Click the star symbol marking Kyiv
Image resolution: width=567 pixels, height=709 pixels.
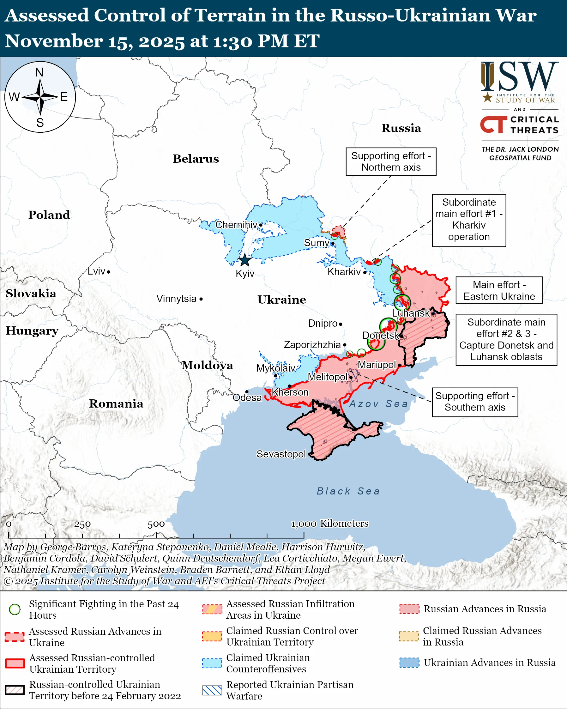(244, 260)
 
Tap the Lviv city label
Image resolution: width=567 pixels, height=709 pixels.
(96, 271)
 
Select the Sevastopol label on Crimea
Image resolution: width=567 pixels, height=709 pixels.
(281, 454)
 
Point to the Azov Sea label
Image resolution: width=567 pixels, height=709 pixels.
(378, 404)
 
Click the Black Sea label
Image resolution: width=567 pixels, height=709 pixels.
(348, 491)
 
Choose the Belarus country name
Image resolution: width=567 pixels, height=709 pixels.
(196, 159)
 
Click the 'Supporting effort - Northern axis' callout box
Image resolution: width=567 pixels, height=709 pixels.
(391, 161)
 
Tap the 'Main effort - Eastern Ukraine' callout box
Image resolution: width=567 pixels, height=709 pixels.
(499, 290)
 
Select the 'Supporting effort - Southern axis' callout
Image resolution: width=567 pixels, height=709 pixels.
(475, 402)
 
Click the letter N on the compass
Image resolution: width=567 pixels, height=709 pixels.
(39, 72)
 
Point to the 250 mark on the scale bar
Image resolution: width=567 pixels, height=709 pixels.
(82, 524)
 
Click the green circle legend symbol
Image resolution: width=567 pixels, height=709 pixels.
(15, 609)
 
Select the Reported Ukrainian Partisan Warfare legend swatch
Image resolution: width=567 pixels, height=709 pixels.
(212, 690)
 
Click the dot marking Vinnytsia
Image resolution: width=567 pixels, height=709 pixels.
(201, 299)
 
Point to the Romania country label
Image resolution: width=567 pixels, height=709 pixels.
(116, 403)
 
